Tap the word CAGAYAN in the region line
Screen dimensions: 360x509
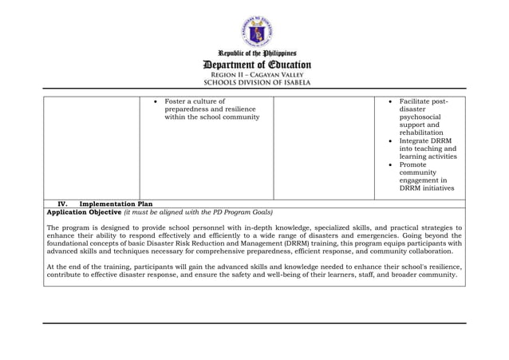click(258, 74)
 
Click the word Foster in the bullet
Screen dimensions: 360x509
click(176, 101)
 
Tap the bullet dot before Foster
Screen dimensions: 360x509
click(155, 102)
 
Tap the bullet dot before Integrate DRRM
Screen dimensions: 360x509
click(389, 141)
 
